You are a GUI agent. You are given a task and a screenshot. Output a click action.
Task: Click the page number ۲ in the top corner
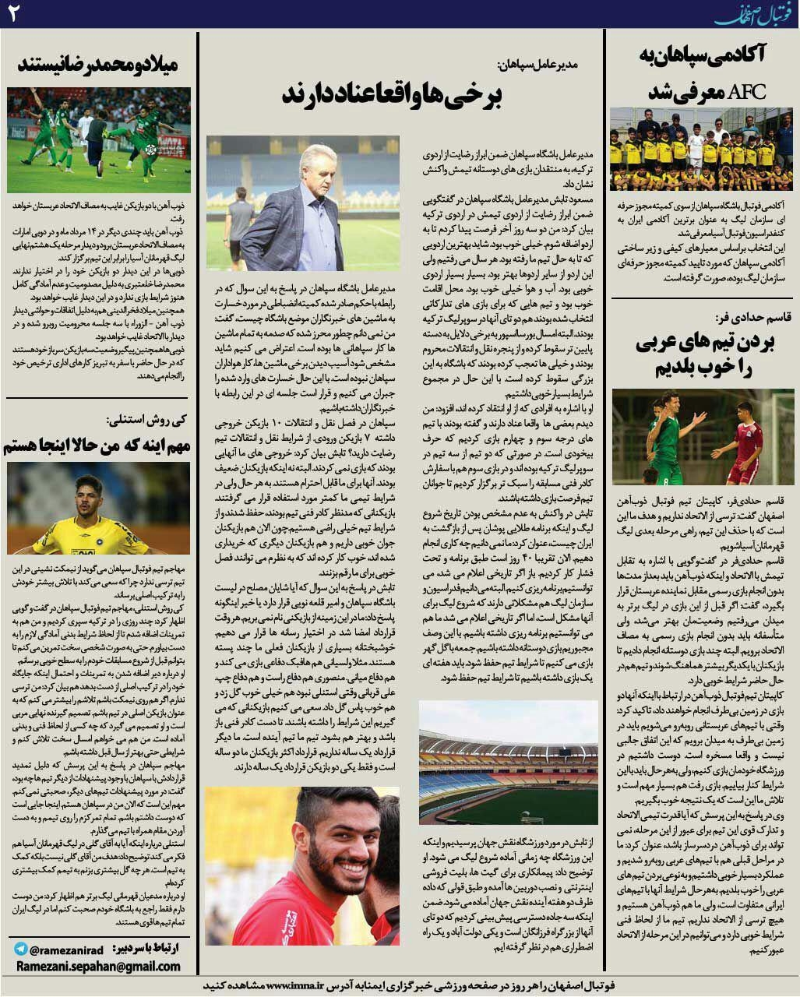[x=13, y=13]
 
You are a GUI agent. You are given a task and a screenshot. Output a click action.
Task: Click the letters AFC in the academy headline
[x=745, y=92]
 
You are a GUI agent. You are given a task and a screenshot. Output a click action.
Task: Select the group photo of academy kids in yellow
[x=701, y=149]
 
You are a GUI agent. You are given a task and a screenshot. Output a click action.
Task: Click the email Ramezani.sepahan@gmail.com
[x=97, y=966]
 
